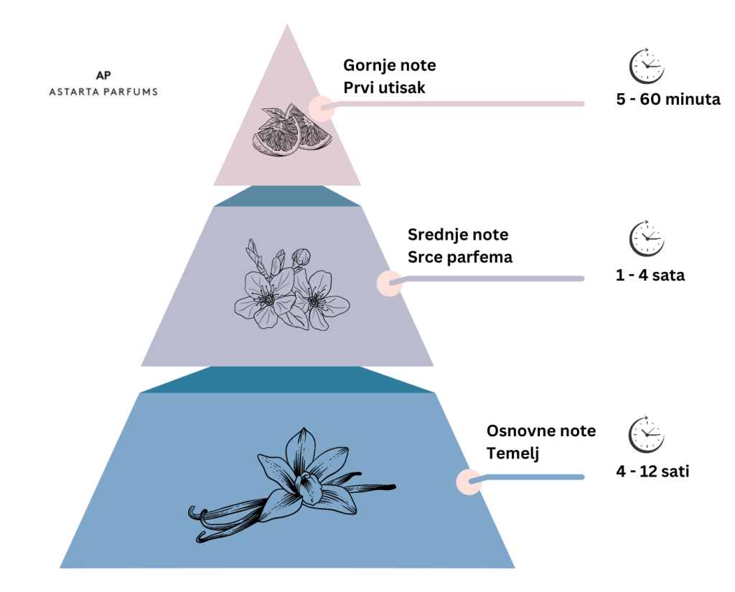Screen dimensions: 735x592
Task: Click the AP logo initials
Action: pos(103,75)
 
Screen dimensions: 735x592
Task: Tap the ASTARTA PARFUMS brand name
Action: pos(103,92)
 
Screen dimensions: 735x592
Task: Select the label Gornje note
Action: pos(390,66)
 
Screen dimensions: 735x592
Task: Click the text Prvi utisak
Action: pos(385,88)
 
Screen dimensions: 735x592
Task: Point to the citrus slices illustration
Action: pos(292,131)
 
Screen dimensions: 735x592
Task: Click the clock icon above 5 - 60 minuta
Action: pos(647,65)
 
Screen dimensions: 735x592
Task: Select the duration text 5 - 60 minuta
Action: pos(668,99)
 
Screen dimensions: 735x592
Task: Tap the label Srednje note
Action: pos(458,235)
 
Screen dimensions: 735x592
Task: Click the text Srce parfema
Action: pos(460,258)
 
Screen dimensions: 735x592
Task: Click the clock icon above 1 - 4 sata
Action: pos(647,238)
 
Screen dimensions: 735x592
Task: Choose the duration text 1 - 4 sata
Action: pos(650,275)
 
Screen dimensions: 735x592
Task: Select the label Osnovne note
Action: pos(541,431)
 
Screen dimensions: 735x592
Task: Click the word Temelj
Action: pos(512,454)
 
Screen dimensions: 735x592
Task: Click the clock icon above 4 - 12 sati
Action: pos(647,435)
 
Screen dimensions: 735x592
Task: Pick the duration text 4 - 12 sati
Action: pos(653,471)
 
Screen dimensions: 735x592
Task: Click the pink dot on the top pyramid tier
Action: pos(322,108)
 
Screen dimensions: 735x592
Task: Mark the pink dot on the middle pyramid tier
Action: pos(390,283)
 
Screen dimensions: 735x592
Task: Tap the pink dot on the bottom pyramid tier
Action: pos(469,481)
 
